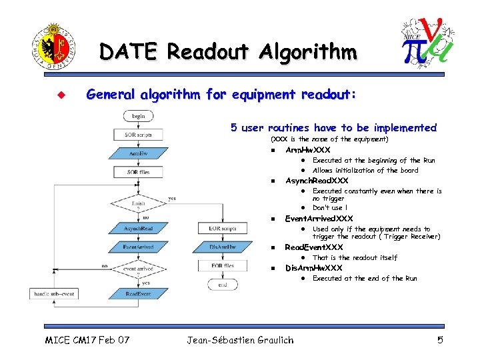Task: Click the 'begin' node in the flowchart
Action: coord(139,116)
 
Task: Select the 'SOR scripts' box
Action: coord(139,135)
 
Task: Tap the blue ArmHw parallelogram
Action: coord(139,153)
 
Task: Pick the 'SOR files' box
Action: coord(139,172)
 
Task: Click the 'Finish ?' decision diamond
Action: coord(139,203)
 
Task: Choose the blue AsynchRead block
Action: coord(139,229)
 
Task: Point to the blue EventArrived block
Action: coord(139,247)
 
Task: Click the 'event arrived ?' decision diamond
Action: coord(139,271)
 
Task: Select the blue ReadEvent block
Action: coord(139,294)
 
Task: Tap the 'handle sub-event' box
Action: coord(55,294)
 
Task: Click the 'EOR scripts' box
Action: coord(223,229)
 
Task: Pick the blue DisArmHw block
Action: coord(223,247)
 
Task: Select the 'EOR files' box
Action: coord(223,266)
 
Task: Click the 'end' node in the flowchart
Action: coord(223,285)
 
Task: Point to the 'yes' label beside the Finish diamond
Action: coord(172,198)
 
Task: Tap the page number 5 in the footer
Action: coord(440,341)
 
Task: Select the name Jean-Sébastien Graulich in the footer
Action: coord(240,341)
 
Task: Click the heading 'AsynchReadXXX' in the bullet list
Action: coord(317,181)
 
